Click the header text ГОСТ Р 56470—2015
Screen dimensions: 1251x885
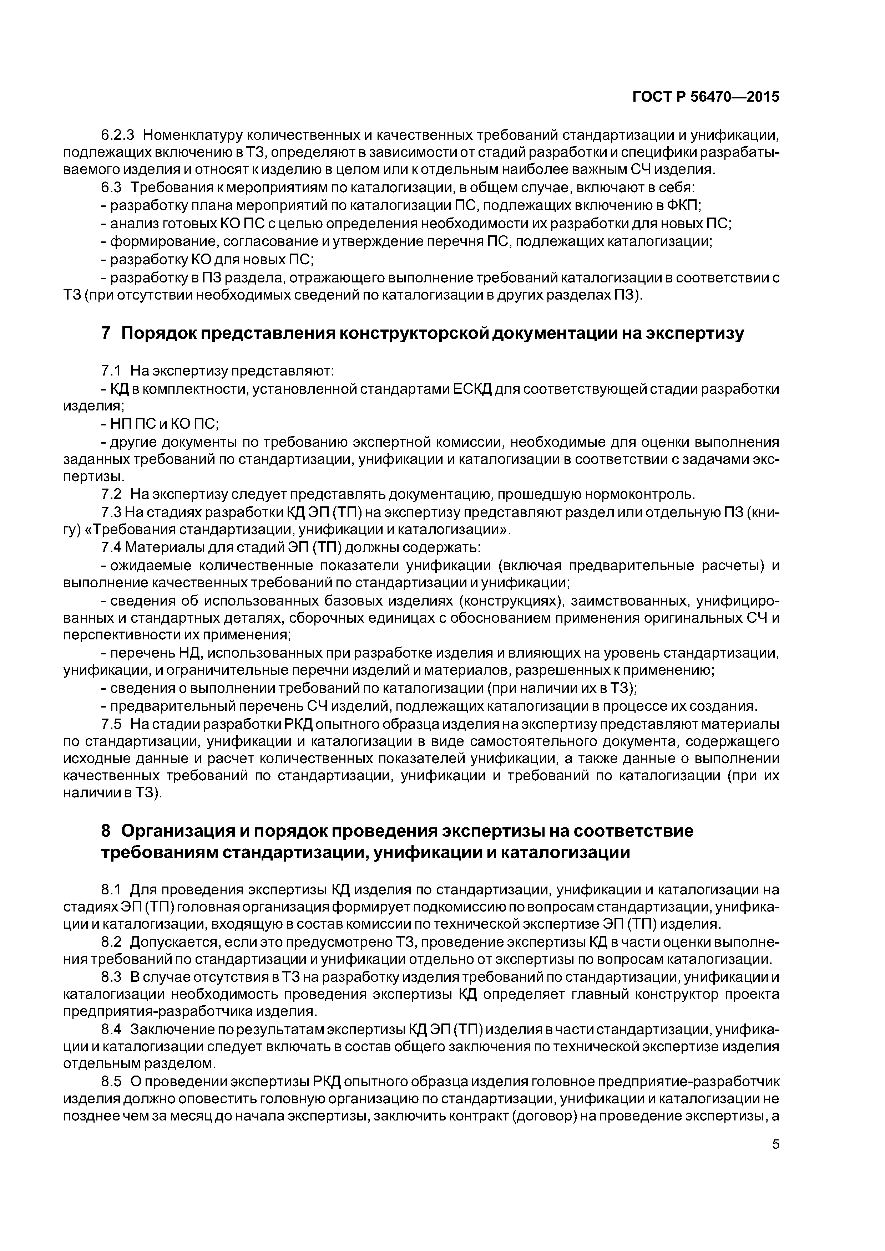[706, 97]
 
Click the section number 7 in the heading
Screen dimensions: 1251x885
[106, 333]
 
